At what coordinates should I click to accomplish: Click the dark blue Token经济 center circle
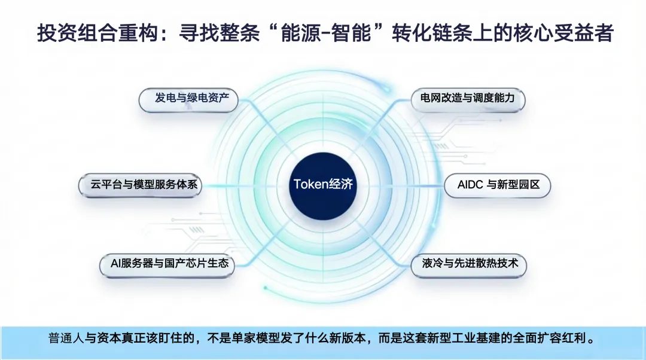(x=323, y=184)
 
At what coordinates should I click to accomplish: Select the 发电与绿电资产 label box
(x=188, y=98)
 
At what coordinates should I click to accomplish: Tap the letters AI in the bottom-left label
(x=116, y=263)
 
